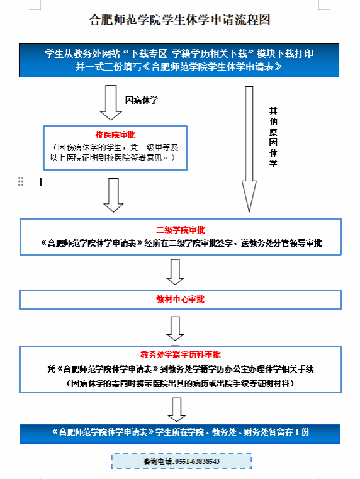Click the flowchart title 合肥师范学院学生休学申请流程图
(179, 20)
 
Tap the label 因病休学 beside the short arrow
(142, 100)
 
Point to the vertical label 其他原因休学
(273, 137)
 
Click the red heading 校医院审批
(115, 135)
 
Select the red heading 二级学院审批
(181, 230)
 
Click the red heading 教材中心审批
(180, 299)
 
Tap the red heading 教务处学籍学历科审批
(181, 354)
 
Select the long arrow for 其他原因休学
(249, 149)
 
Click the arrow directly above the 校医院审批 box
(111, 103)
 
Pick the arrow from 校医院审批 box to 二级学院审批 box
(113, 195)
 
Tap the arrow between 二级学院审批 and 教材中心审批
(175, 272)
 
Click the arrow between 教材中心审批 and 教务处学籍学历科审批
(175, 329)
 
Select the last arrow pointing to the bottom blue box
(177, 410)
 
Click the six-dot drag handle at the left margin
(21, 181)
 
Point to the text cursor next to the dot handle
(41, 182)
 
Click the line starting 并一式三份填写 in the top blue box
(179, 67)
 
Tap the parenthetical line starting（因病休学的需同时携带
(180, 383)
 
